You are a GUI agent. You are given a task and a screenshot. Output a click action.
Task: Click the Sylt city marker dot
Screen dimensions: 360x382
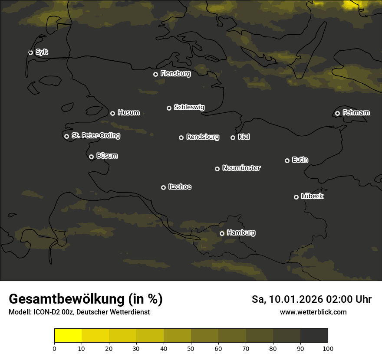[x=30, y=52]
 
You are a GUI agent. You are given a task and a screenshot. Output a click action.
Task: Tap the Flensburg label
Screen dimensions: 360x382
[x=175, y=74]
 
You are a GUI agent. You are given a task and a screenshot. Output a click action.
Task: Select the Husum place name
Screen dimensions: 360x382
[x=128, y=113]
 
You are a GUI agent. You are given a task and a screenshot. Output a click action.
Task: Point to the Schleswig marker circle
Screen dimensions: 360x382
[x=169, y=108]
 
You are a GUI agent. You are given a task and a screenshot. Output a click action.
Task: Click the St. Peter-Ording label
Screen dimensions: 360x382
[x=95, y=136]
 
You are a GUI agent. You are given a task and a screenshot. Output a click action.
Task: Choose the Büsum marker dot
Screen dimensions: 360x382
[x=91, y=157]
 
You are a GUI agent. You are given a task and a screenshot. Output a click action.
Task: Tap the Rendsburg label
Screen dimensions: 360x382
[x=202, y=137]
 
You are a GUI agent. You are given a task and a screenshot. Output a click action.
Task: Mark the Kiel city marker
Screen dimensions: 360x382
[x=233, y=137]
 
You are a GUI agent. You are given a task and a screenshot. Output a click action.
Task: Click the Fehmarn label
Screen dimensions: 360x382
[x=356, y=113]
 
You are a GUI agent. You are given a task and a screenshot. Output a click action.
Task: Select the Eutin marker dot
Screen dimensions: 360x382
[x=287, y=160]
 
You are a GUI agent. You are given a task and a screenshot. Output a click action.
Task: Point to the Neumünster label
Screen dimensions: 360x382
[x=241, y=168]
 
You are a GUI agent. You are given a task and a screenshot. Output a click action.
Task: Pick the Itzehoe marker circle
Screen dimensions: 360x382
[x=163, y=187]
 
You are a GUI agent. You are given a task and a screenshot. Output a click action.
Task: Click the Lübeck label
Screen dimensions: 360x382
[x=312, y=196]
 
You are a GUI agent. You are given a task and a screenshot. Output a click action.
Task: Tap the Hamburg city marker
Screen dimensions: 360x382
[x=222, y=233]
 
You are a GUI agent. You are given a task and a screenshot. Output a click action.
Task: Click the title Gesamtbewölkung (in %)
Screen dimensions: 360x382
[x=86, y=299]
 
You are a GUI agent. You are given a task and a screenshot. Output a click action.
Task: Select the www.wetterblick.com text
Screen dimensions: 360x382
[x=313, y=312]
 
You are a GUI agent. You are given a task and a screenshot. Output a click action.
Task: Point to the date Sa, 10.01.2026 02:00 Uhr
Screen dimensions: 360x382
[x=311, y=299]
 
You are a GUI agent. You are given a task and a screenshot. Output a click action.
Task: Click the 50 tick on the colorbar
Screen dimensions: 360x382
[x=191, y=348]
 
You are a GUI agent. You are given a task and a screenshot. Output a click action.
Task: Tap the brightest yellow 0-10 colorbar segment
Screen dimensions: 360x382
[x=68, y=336]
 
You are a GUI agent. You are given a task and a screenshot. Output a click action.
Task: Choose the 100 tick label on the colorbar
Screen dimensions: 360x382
[x=328, y=348]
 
